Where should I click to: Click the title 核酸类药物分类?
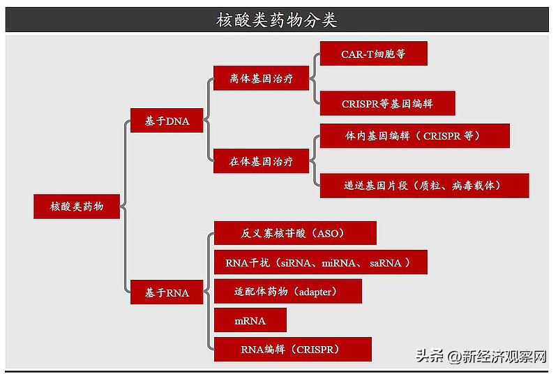point(277,20)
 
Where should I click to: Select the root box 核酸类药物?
point(77,207)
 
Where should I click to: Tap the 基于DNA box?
point(167,121)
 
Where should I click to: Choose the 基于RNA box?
point(167,292)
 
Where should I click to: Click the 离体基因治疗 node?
point(261,79)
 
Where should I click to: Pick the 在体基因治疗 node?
point(261,161)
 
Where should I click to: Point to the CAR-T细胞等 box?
point(373,54)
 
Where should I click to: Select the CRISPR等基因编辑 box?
point(387,103)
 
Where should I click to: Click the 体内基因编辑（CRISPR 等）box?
point(414,136)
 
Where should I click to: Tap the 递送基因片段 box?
point(424,186)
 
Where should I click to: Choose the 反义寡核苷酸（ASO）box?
point(295,233)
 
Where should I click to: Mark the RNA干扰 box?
point(320,262)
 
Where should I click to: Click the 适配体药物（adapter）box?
point(287,291)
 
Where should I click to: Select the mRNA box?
point(250,320)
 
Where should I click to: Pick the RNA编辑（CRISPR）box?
point(292,349)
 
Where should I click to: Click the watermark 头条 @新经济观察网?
point(482,357)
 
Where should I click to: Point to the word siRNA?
point(299,263)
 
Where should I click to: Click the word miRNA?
point(341,263)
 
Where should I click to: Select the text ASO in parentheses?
point(331,233)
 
